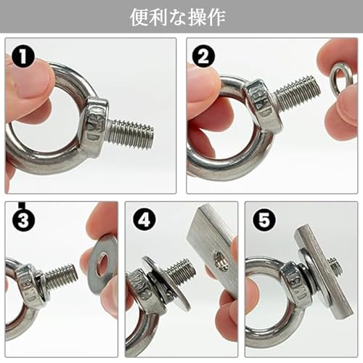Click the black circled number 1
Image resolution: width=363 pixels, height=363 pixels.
23,57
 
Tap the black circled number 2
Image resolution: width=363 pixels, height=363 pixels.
203,57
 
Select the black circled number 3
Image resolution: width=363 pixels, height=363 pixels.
23,220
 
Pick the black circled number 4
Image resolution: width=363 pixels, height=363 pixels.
144,220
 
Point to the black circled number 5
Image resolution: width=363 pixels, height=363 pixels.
264,220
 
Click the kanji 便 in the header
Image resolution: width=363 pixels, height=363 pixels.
139,17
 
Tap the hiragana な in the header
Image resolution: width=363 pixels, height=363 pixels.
178,17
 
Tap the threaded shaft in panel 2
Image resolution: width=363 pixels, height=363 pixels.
298,94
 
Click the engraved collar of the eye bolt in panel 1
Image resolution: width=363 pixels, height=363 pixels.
95,123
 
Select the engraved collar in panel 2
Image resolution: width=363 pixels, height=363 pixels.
263,104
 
